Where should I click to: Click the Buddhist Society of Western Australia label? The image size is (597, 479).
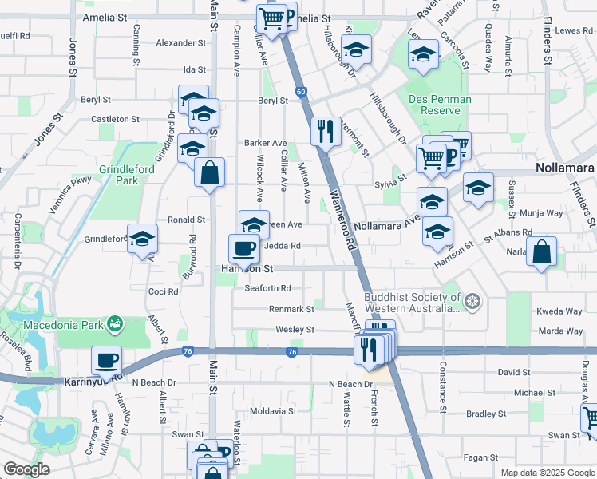pyautogui.click(x=412, y=303)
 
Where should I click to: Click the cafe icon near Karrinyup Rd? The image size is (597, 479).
pyautogui.click(x=106, y=359)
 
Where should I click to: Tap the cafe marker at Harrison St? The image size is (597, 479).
pyautogui.click(x=243, y=247)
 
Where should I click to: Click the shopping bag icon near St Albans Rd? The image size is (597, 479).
pyautogui.click(x=542, y=251)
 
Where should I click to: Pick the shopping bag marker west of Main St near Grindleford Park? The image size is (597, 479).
pyautogui.click(x=209, y=172)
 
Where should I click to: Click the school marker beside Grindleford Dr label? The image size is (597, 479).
pyautogui.click(x=143, y=238)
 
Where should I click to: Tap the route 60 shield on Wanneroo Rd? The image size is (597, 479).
pyautogui.click(x=301, y=92)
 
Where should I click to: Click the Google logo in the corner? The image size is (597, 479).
pyautogui.click(x=26, y=469)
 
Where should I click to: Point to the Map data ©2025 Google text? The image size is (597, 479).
pyautogui.click(x=548, y=473)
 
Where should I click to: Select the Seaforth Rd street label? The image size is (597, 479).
pyautogui.click(x=267, y=288)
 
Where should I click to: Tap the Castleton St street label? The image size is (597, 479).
pyautogui.click(x=115, y=119)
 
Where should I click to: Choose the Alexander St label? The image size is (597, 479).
pyautogui.click(x=180, y=42)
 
